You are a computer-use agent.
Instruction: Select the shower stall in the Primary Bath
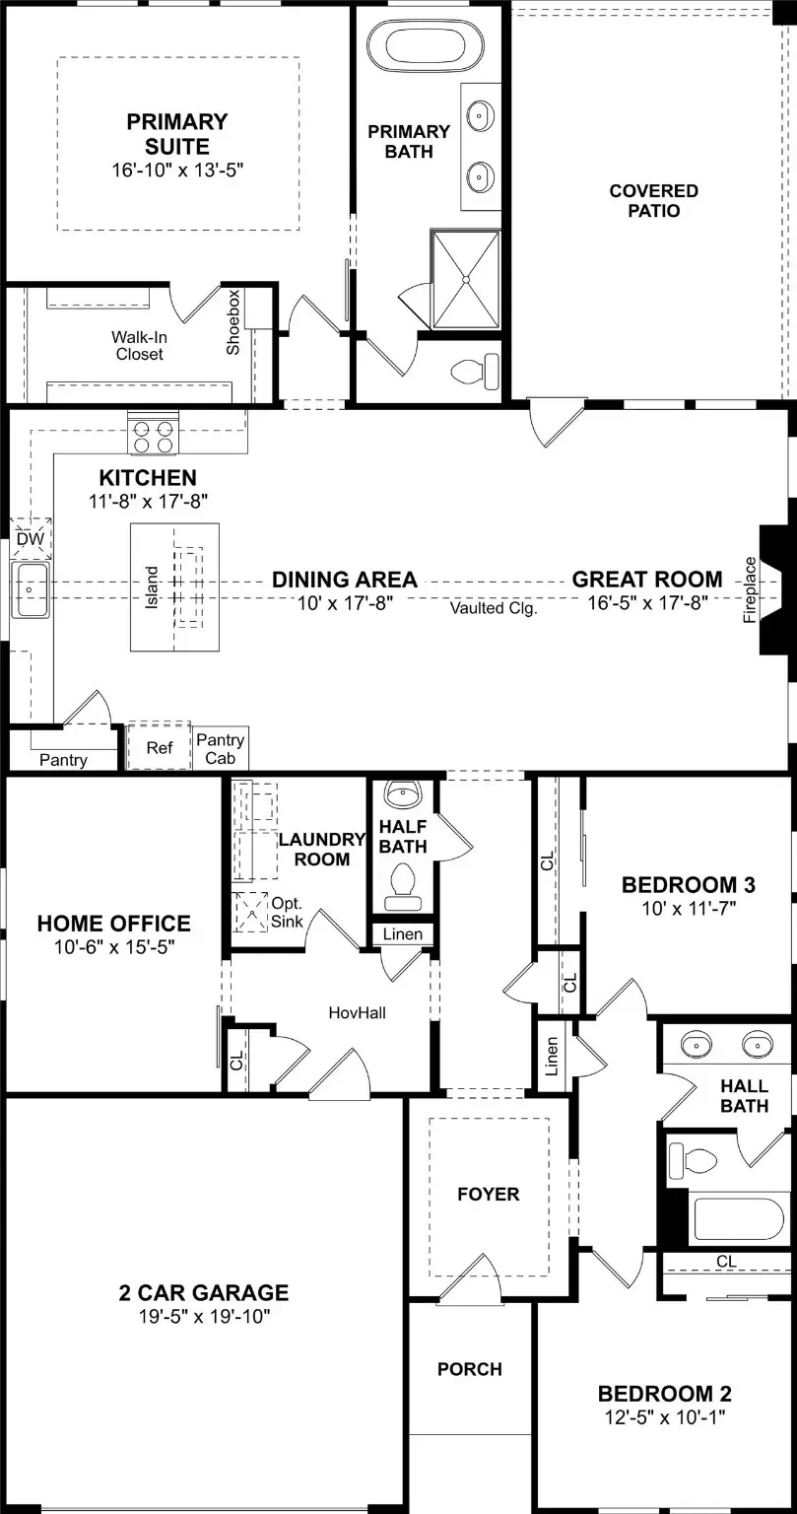tap(465, 279)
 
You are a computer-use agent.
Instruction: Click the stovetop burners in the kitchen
tap(151, 436)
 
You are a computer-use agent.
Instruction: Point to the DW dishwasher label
tap(30, 539)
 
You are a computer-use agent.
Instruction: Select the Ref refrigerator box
tap(159, 748)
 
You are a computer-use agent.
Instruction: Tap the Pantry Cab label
tap(221, 749)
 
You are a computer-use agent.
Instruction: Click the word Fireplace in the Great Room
tap(750, 590)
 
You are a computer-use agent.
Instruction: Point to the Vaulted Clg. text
tap(494, 608)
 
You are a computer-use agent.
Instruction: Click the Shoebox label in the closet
tap(233, 322)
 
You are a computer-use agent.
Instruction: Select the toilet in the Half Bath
tap(402, 882)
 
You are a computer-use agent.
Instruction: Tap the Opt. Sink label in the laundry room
tap(287, 913)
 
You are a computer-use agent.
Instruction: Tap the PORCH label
tap(470, 1369)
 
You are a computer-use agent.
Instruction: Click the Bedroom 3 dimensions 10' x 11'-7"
tap(679, 908)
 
